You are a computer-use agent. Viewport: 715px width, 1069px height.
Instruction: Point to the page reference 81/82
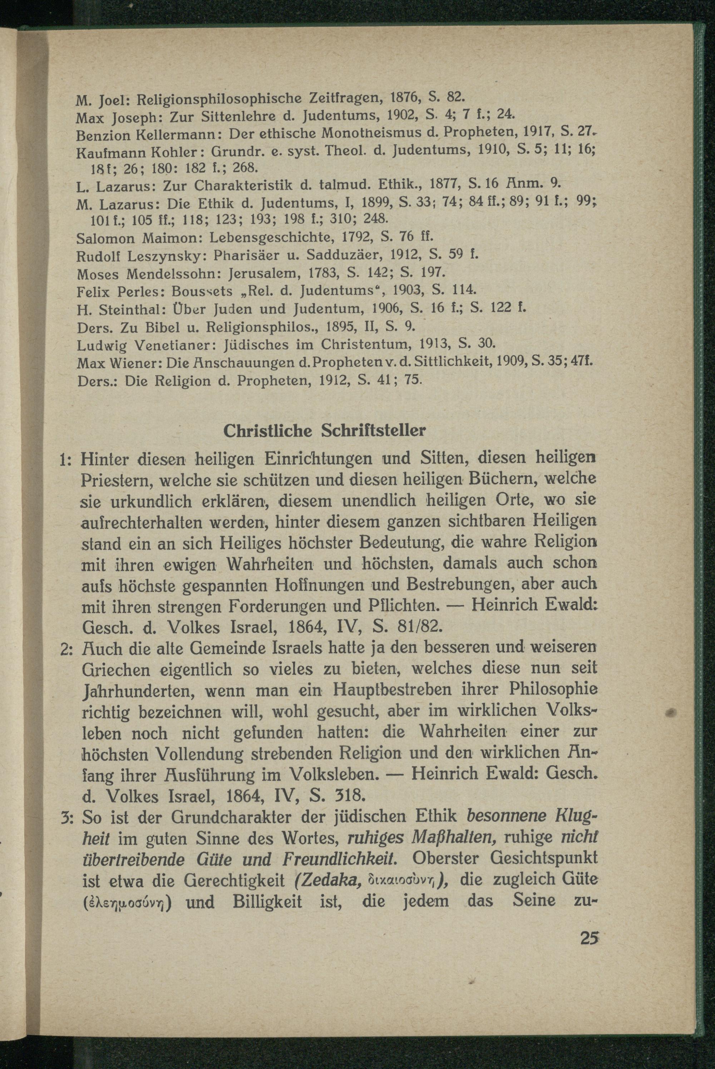tap(419, 627)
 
